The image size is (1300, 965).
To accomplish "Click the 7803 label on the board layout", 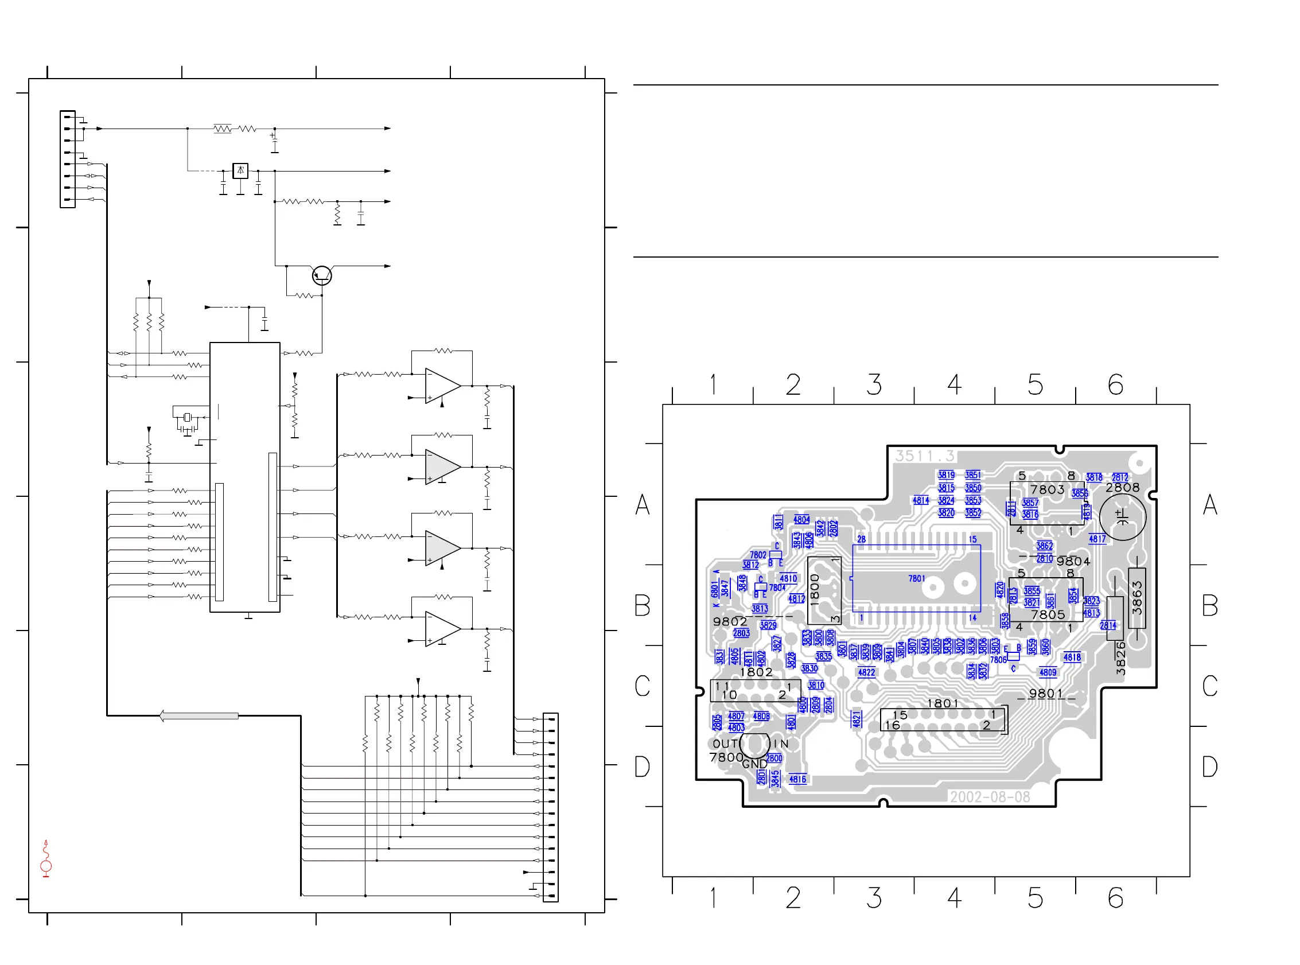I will pos(1046,489).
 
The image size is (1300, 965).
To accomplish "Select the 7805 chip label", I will pos(1048,614).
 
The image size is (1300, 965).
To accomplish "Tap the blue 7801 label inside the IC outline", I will pos(916,578).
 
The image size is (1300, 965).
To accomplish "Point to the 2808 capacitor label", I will pos(1122,487).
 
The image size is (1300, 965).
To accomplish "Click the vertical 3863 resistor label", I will pos(1136,598).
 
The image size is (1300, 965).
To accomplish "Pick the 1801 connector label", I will pos(943,703).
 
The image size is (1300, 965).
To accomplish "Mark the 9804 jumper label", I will pos(1073,561).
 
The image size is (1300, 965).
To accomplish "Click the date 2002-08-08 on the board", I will pos(989,797).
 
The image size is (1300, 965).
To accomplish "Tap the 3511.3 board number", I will pos(924,456).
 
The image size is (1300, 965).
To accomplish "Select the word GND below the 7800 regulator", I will pos(754,764).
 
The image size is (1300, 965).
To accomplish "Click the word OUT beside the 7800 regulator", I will pos(725,744).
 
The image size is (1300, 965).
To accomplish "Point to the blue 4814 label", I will pos(920,501).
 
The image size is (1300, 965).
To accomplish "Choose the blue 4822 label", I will pos(866,672).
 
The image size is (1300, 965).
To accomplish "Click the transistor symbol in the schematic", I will pos(322,275).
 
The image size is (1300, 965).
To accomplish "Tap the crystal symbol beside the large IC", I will pos(187,417).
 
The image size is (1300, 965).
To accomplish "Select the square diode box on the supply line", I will pos(240,170).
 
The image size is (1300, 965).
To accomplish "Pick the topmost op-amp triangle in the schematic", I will pos(442,386).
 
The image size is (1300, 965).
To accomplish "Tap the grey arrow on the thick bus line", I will pos(198,715).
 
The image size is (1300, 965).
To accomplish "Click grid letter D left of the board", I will pos(642,766).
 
